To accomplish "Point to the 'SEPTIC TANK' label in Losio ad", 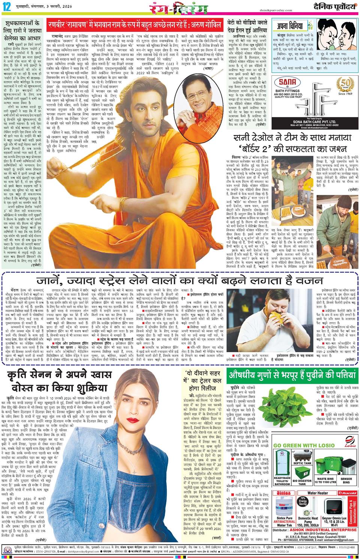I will coord(303,463).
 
